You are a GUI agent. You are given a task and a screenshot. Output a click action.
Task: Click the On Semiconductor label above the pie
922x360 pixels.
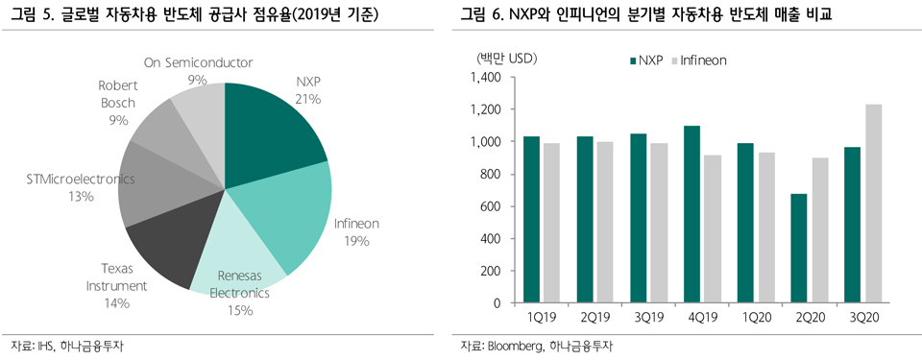[x=198, y=62]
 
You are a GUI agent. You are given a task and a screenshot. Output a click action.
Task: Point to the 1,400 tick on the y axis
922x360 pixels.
[x=482, y=78]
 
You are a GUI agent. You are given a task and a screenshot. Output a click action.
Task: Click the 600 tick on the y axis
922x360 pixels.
[x=489, y=206]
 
